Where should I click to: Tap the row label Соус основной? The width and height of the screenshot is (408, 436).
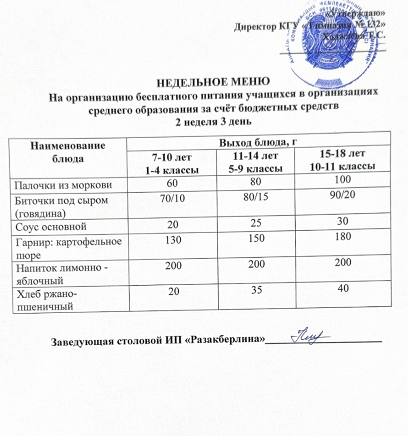coord(51,227)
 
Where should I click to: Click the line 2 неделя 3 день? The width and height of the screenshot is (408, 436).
coord(213,121)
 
